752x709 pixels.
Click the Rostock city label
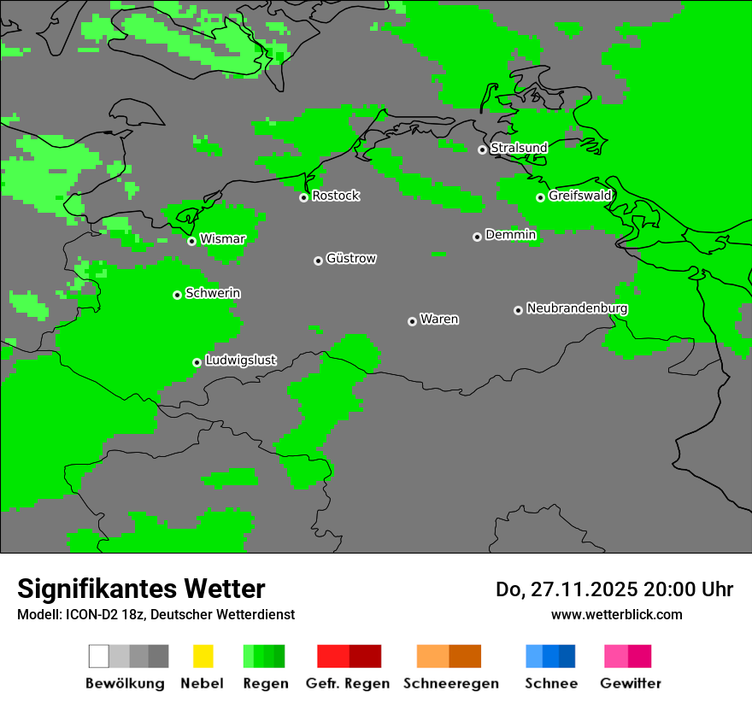point(336,196)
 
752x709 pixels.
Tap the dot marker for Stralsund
point(482,149)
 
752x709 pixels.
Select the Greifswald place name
point(580,196)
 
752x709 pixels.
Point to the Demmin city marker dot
point(477,237)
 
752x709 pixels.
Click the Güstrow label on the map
point(351,259)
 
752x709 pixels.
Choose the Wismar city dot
point(191,241)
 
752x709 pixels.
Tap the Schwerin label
point(213,293)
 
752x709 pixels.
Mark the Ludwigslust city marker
point(197,362)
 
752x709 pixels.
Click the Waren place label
point(439,319)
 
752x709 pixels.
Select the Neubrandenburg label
point(577,308)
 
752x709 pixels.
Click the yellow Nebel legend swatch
point(203,656)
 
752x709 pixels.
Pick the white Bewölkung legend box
point(99,656)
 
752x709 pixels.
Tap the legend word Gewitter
point(631,683)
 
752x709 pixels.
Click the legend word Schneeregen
point(451,683)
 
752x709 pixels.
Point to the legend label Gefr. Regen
point(347,683)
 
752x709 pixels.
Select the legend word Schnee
point(551,683)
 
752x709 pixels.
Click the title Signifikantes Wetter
point(141,589)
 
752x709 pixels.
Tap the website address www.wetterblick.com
point(616,614)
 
